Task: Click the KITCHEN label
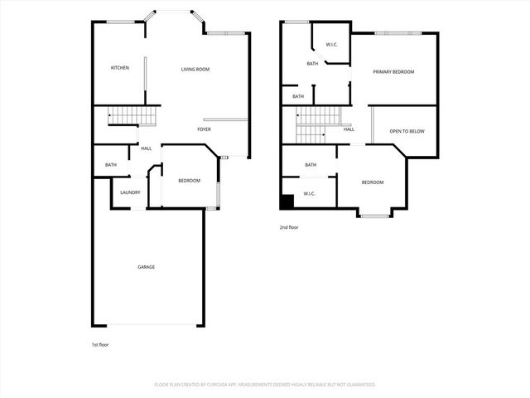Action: tap(120, 68)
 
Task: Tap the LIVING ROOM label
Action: tap(195, 69)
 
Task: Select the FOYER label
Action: tap(204, 129)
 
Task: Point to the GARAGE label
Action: tap(146, 267)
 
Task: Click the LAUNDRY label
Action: tap(130, 192)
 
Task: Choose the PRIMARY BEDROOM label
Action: tap(394, 72)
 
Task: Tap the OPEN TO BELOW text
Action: tap(404, 131)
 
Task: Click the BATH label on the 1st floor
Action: tap(111, 165)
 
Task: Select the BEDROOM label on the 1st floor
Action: tap(189, 181)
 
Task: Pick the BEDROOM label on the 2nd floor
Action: tap(372, 182)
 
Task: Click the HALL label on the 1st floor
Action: tap(146, 148)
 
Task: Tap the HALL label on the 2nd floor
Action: tap(349, 129)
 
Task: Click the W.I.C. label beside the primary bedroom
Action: tap(330, 44)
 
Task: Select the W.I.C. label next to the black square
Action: tap(309, 194)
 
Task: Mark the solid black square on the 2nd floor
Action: tap(287, 201)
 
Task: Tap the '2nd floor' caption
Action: tap(289, 226)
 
